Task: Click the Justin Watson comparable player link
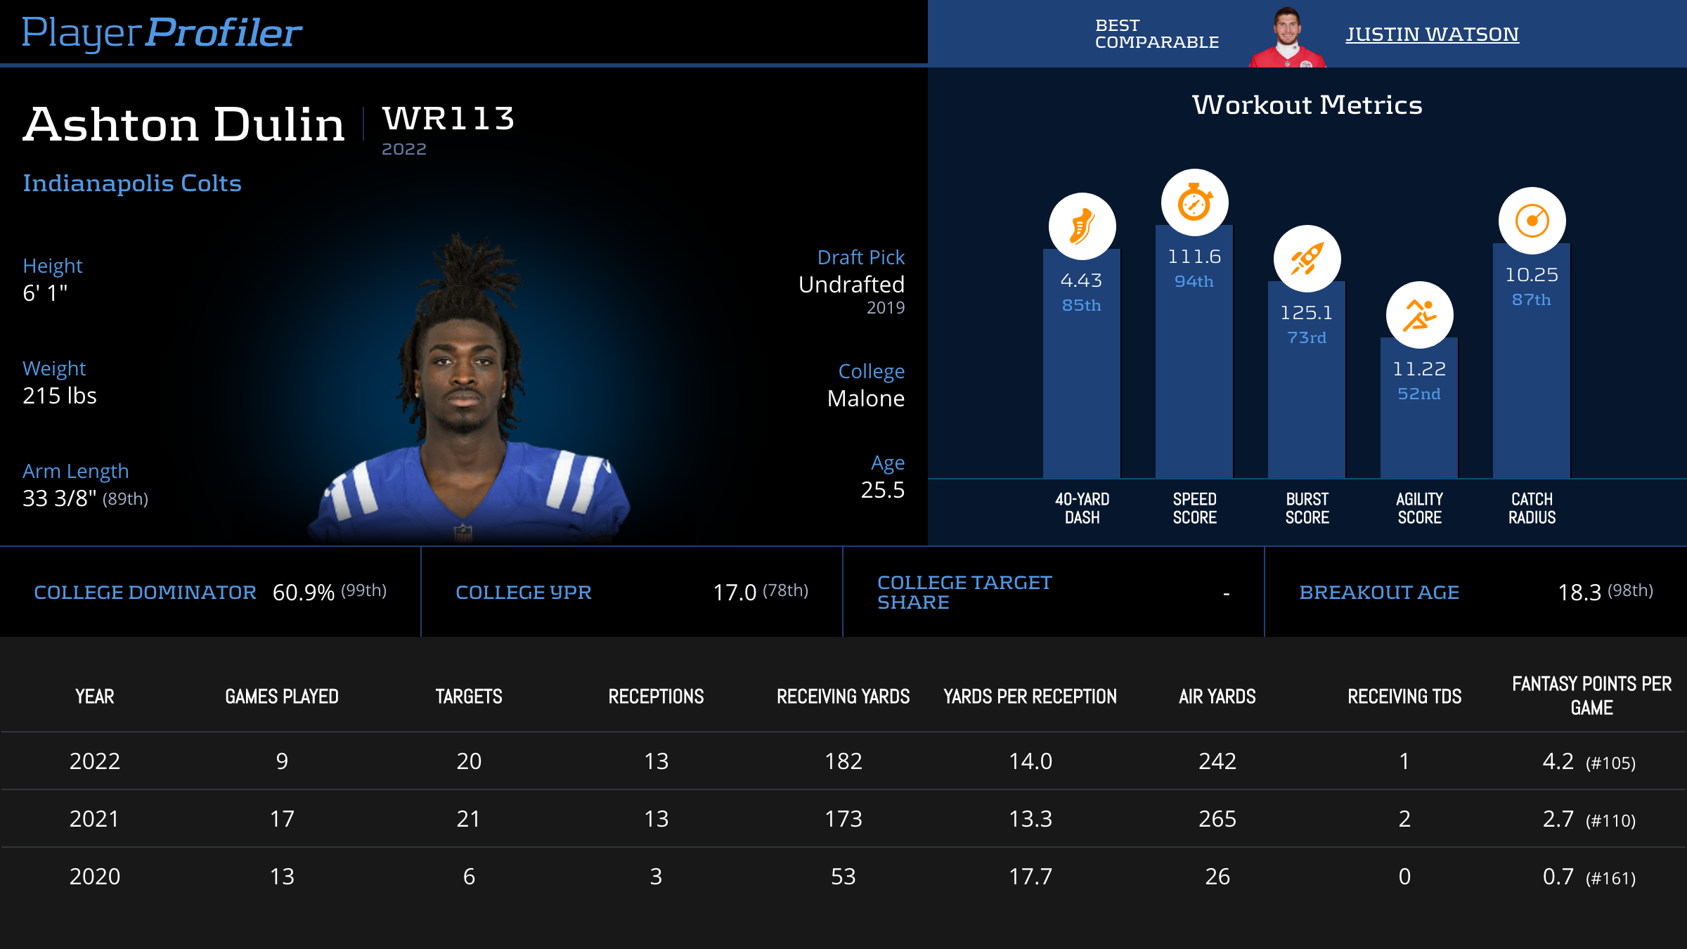pyautogui.click(x=1432, y=34)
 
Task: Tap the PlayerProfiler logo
pyautogui.click(x=162, y=32)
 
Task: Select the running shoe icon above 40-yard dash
pyautogui.click(x=1082, y=226)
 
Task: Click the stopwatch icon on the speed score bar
pyautogui.click(x=1194, y=202)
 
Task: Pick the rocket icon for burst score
pyautogui.click(x=1307, y=259)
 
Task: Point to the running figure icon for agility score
pyautogui.click(x=1419, y=315)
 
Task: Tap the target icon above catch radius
pyautogui.click(x=1532, y=221)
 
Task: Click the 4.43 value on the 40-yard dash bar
pyautogui.click(x=1081, y=280)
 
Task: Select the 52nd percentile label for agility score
pyautogui.click(x=1418, y=394)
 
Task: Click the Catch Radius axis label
pyautogui.click(x=1532, y=508)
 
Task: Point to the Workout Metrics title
pyautogui.click(x=1307, y=105)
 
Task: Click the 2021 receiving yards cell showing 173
pyautogui.click(x=843, y=819)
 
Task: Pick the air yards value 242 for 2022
pyautogui.click(x=1217, y=761)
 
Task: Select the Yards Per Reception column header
pyautogui.click(x=1030, y=697)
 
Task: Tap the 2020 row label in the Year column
pyautogui.click(x=95, y=877)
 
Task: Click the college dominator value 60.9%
pyautogui.click(x=303, y=593)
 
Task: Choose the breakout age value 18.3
pyautogui.click(x=1579, y=593)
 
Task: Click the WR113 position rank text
pyautogui.click(x=448, y=118)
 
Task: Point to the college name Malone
pyautogui.click(x=865, y=399)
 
